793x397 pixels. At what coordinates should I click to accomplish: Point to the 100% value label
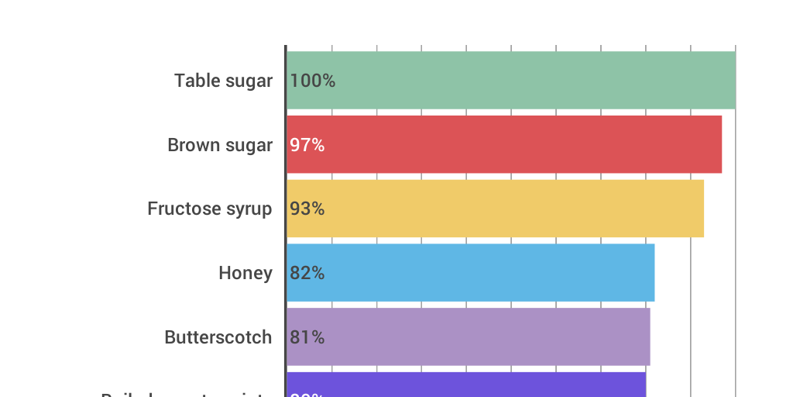[x=313, y=81]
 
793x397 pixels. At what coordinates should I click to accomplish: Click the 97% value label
[x=307, y=145]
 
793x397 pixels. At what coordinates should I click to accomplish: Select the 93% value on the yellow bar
[x=307, y=209]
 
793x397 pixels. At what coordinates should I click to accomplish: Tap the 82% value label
[x=307, y=273]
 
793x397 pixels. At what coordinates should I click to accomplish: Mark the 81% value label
[x=307, y=337]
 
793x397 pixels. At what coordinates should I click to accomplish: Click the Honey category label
[x=245, y=273]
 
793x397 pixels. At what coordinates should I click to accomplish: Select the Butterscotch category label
[x=218, y=337]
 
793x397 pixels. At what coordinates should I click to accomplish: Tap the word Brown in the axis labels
[x=191, y=145]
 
